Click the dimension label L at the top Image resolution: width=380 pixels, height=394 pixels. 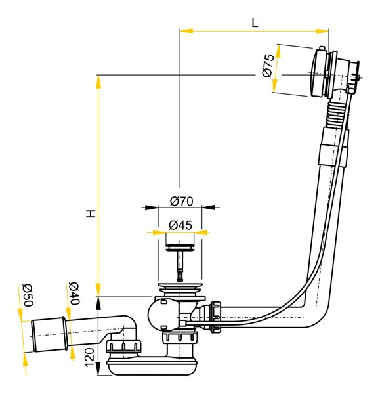tap(255, 23)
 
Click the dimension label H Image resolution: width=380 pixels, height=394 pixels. tap(91, 213)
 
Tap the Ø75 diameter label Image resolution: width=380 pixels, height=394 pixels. tap(268, 65)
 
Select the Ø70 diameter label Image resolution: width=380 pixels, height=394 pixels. tap(181, 202)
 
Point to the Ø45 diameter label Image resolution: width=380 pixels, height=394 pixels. tap(180, 225)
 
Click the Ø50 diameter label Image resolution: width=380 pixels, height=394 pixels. tap(28, 295)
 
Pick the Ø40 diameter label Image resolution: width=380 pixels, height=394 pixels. tap(74, 294)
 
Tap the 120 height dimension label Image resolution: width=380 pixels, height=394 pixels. tap(90, 358)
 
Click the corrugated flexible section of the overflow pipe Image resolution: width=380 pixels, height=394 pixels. tap(335, 114)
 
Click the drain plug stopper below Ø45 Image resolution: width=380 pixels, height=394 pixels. tap(180, 246)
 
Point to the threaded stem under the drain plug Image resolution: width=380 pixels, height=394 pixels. tap(180, 266)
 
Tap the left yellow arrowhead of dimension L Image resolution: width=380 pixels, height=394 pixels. tap(186, 31)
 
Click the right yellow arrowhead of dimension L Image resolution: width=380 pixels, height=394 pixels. tap(322, 31)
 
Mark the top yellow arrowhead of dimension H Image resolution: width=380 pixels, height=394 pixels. tap(98, 82)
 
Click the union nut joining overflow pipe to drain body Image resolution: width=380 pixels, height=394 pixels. tap(216, 317)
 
